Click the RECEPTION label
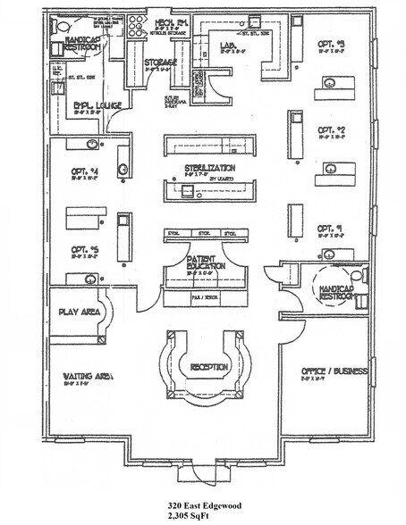tap(208, 366)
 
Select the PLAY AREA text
tap(79, 313)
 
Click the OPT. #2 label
tap(331, 129)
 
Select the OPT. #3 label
tap(331, 42)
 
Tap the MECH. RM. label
tap(170, 21)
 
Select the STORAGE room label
tap(160, 62)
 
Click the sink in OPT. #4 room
tap(90, 143)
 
